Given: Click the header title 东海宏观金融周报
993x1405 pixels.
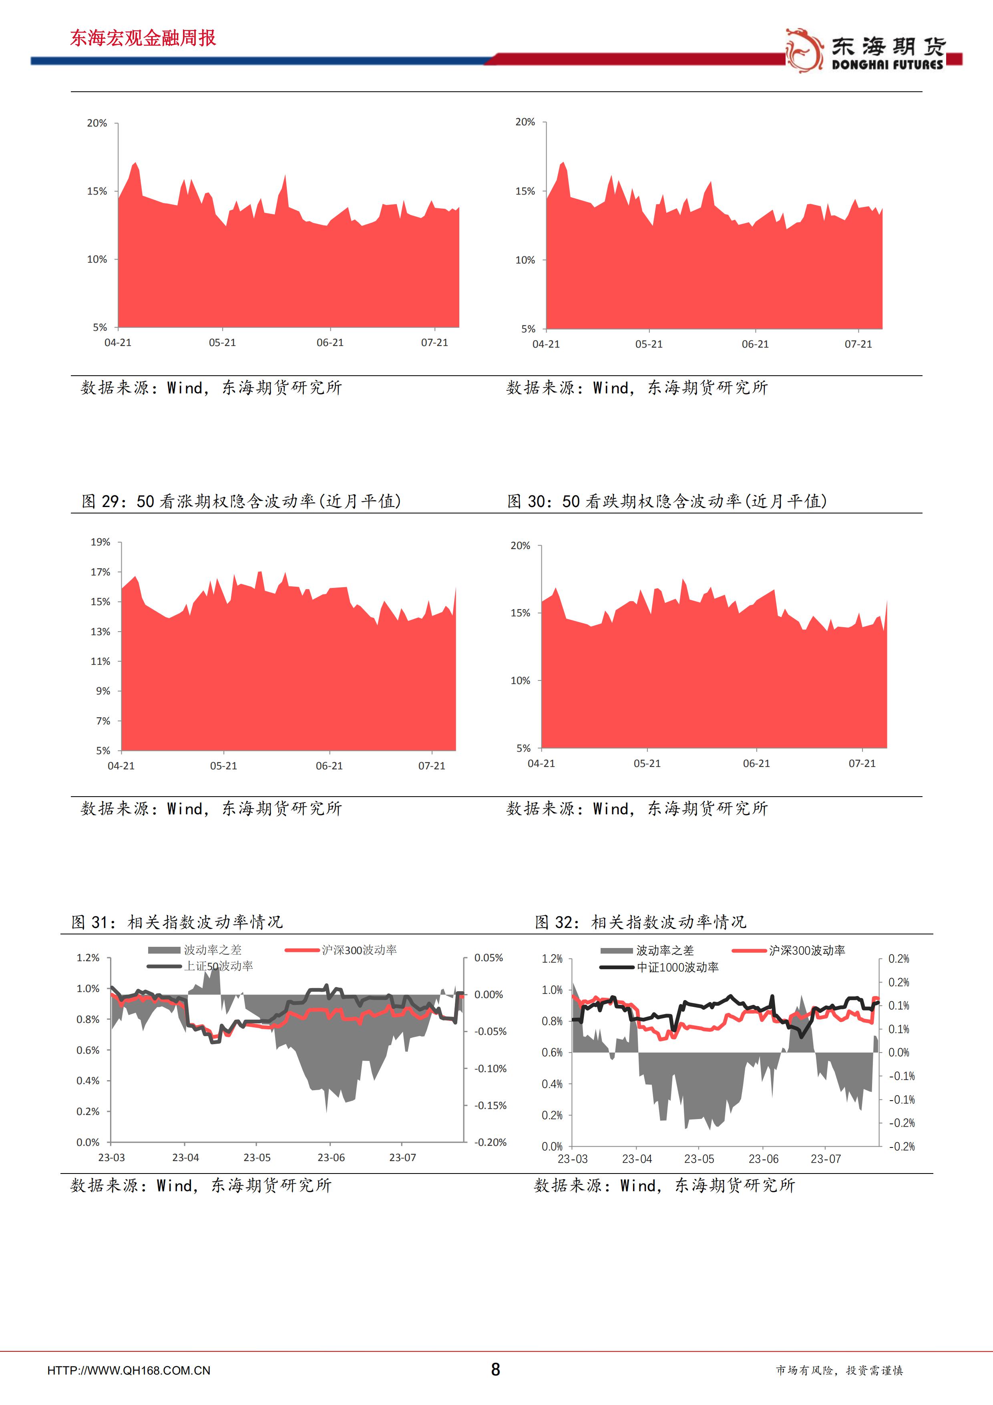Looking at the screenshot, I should click(x=143, y=38).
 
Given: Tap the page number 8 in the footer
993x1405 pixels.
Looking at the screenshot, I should click(x=496, y=1369).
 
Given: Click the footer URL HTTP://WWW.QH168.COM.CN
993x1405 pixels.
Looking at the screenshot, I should click(x=129, y=1371).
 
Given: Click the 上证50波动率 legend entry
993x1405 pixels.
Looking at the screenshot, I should click(x=219, y=966).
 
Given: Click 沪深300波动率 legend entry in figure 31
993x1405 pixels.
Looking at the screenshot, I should click(x=359, y=950).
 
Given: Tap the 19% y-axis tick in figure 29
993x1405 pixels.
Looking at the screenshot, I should click(x=101, y=542).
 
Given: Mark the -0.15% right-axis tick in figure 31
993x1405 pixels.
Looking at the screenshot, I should click(x=490, y=1105).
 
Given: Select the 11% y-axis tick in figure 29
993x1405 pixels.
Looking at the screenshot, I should click(x=101, y=661).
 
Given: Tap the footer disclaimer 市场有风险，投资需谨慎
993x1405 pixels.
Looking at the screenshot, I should click(x=839, y=1370).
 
